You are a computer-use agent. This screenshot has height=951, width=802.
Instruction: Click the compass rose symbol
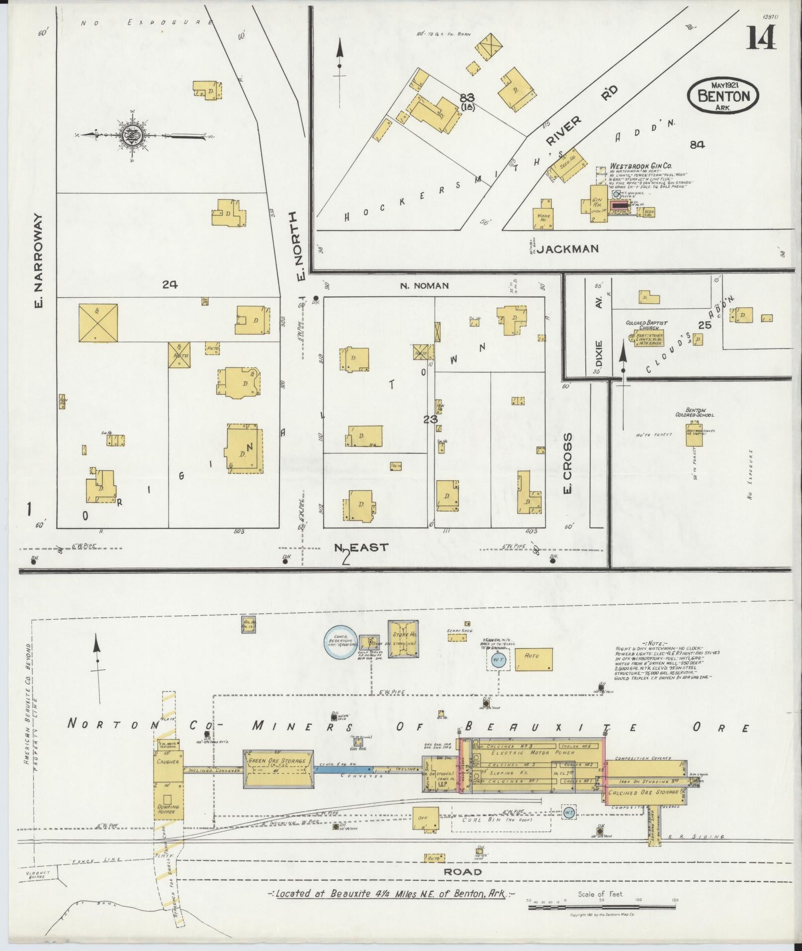pos(133,135)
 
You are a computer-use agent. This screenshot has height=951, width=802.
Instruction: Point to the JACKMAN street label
pos(567,249)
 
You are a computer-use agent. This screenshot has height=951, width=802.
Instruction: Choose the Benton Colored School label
pos(695,412)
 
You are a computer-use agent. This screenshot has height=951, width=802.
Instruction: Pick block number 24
pos(170,285)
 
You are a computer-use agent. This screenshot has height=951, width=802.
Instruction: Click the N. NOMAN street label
pos(425,286)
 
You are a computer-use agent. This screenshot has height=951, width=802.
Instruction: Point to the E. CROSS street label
pos(568,462)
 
